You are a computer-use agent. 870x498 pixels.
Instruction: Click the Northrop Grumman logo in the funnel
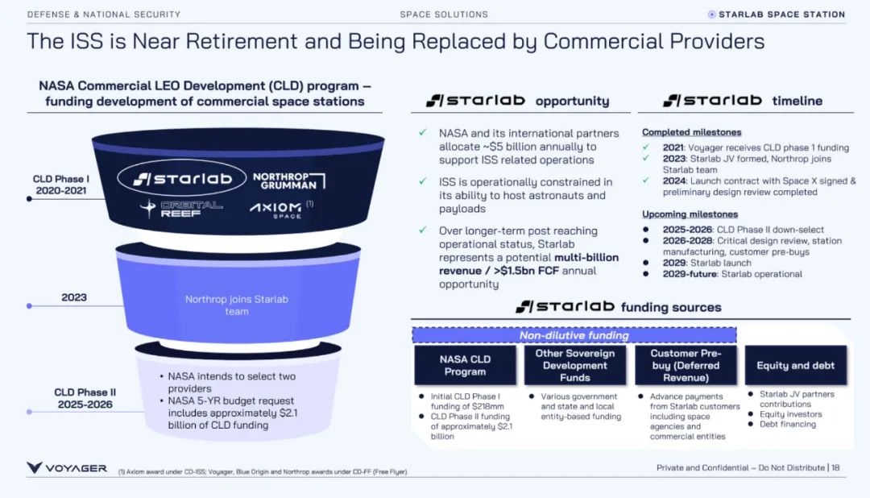coord(288,180)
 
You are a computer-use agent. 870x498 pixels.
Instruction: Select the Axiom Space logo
coord(276,210)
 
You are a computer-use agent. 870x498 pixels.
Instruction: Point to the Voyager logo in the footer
coord(67,468)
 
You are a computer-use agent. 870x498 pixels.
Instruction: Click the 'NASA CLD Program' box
coord(465,365)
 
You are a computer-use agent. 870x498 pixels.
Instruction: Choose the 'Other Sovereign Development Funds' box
coord(574,365)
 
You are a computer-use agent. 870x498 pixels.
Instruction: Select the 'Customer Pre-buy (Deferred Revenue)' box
coord(686,365)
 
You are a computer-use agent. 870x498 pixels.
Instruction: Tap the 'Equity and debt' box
coord(795,365)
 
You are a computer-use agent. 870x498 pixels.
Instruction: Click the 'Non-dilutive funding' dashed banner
coord(574,335)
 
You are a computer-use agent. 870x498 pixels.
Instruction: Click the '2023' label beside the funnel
coord(74,297)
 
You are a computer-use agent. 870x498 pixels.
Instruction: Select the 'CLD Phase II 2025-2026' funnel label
coord(85,398)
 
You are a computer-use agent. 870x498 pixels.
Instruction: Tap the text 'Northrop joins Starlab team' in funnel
coord(236,305)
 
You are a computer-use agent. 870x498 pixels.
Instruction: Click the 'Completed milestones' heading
coord(691,132)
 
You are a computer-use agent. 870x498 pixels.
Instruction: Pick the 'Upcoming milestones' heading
coord(690,214)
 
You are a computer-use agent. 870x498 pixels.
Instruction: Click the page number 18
coord(835,468)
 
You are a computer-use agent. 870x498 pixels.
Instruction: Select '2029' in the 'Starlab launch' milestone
coord(674,263)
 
